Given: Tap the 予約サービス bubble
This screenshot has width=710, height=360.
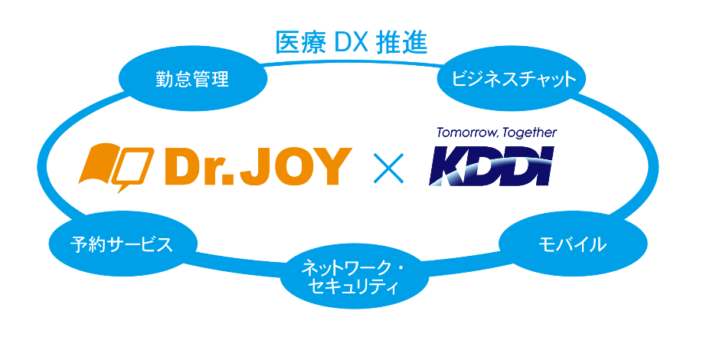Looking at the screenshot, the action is point(122,244).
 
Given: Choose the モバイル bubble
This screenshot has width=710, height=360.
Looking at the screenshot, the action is point(570,244).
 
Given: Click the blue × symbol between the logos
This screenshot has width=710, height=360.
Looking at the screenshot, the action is point(388,166).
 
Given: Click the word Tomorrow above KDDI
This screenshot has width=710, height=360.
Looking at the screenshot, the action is point(465,133).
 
